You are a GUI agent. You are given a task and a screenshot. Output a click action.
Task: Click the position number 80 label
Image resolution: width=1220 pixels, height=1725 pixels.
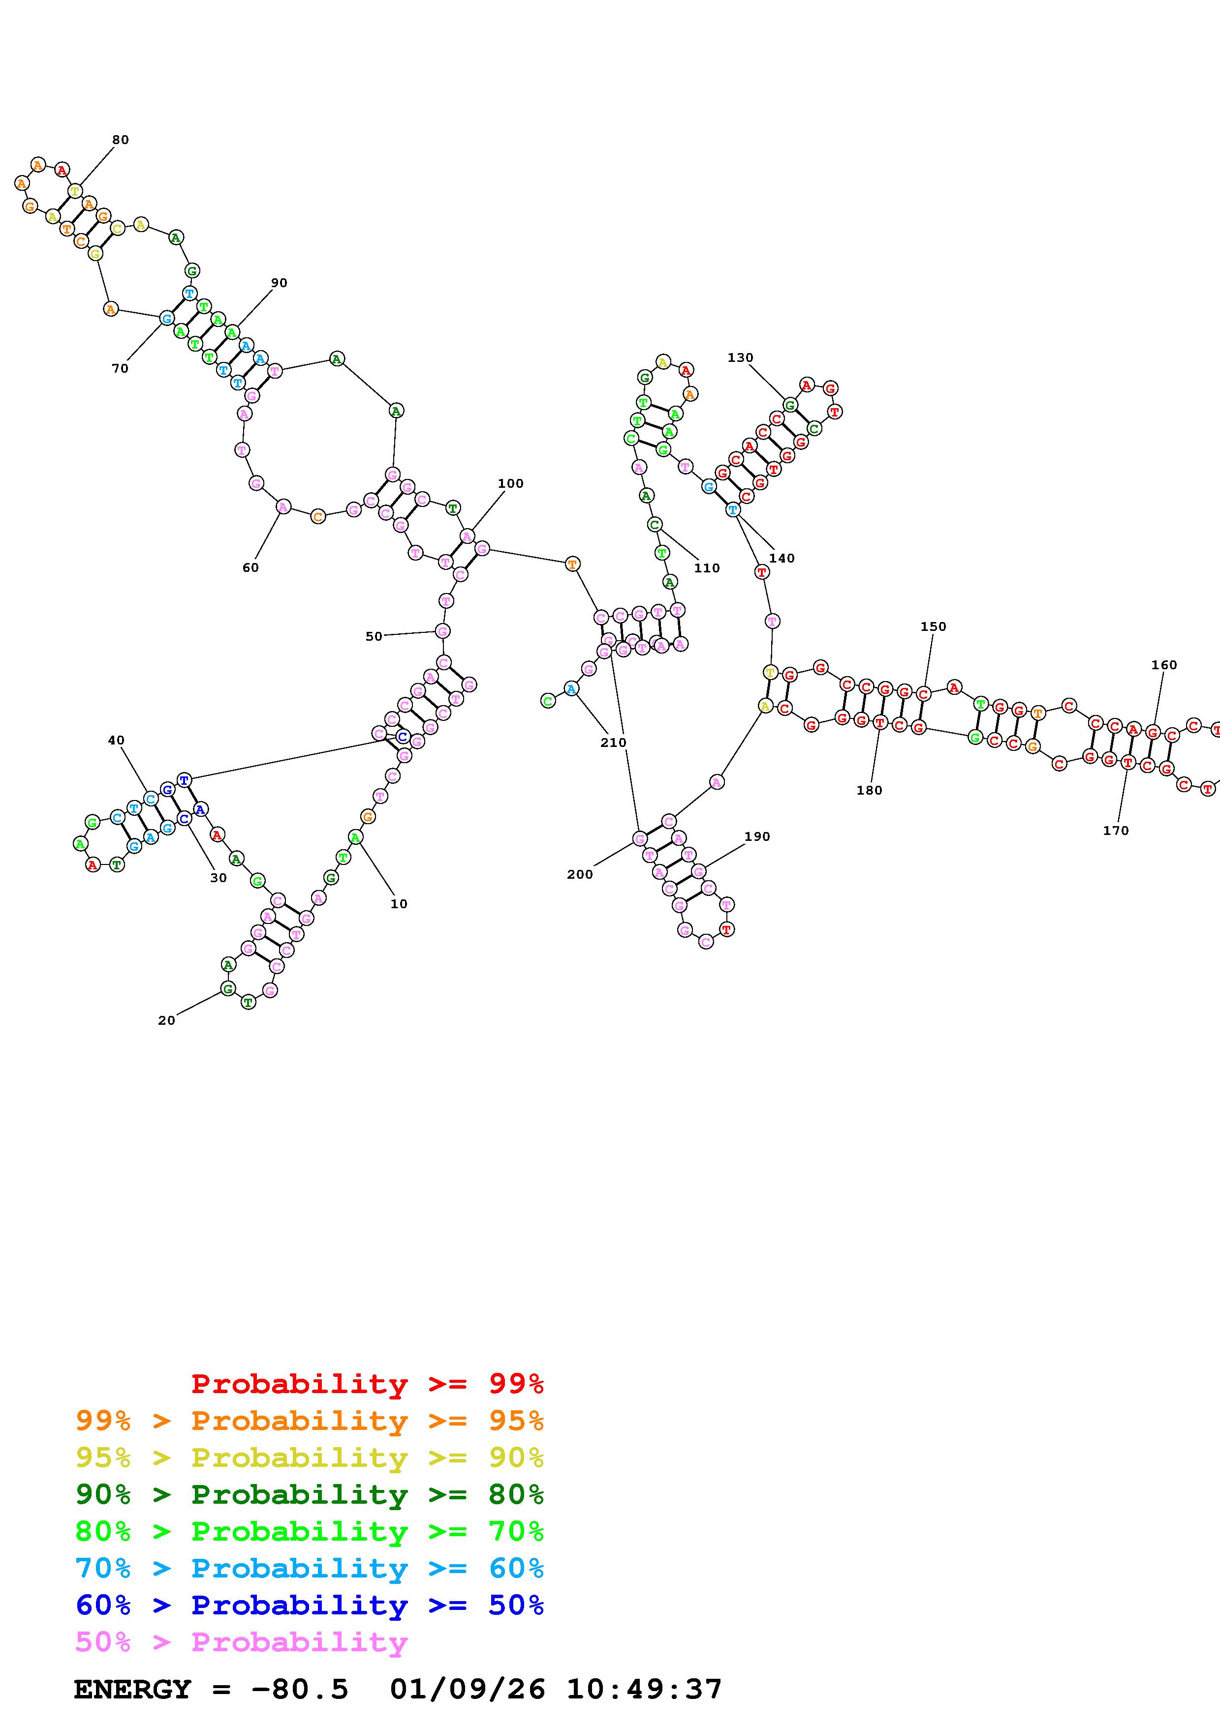click(x=120, y=140)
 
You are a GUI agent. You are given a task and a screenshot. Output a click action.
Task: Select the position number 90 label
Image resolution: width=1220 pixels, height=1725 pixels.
click(x=279, y=283)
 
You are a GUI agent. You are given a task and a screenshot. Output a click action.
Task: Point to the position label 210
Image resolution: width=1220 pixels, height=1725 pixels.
click(x=613, y=743)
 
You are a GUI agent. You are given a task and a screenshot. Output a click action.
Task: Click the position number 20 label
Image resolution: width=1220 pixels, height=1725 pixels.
click(x=167, y=1020)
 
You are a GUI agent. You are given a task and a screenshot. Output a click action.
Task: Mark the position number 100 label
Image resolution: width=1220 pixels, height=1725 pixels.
click(x=510, y=484)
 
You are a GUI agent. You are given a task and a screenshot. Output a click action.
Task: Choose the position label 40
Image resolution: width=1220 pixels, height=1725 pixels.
click(x=116, y=740)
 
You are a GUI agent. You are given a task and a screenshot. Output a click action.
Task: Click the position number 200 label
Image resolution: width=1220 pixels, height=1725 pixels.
click(x=580, y=874)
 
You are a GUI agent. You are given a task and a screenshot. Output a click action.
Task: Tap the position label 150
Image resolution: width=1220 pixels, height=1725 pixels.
click(x=933, y=626)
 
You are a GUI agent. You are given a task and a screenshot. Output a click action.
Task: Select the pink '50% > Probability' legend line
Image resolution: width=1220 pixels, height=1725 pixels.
click(x=241, y=1642)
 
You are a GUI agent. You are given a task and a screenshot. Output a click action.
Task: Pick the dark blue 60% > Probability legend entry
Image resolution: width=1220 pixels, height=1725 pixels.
click(x=309, y=1605)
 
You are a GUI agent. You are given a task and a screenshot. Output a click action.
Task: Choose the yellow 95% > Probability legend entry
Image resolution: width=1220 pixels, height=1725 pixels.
click(x=309, y=1457)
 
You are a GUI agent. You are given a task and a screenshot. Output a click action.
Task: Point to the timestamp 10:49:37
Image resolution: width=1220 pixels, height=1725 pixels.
click(x=644, y=1690)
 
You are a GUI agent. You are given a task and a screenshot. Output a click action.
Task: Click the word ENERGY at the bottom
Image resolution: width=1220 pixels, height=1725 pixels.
click(x=132, y=1690)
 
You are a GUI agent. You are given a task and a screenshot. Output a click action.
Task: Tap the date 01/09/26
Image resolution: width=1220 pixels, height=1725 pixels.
click(x=468, y=1690)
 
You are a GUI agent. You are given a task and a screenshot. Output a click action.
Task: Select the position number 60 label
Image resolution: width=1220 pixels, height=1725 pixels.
click(x=250, y=568)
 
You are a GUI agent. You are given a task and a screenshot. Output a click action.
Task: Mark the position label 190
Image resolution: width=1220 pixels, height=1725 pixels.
click(x=757, y=837)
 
